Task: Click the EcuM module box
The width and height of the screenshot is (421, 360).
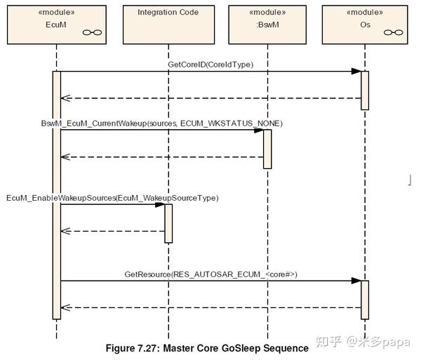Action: [57, 25]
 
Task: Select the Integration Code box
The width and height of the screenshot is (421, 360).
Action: [168, 25]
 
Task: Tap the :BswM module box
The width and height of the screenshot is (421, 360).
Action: [267, 25]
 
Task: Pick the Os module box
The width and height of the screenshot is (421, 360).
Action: [365, 25]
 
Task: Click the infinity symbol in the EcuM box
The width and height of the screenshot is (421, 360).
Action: [92, 32]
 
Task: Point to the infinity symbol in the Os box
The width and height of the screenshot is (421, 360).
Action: [394, 32]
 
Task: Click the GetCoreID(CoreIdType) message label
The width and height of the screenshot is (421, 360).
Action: [210, 65]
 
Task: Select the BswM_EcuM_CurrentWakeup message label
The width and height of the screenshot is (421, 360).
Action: [162, 124]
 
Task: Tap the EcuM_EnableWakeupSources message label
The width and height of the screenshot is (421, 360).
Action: [112, 198]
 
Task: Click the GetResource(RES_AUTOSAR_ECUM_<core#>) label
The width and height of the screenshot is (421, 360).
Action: [210, 274]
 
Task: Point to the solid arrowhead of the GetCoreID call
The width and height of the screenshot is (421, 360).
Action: [356, 72]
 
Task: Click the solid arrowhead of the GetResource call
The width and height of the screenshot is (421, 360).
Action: [356, 281]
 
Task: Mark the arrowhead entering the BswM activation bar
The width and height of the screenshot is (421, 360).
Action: [259, 131]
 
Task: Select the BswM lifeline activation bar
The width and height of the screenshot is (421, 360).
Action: [267, 149]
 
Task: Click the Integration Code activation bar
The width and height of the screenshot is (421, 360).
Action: [168, 224]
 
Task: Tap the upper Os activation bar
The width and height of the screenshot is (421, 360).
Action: [365, 91]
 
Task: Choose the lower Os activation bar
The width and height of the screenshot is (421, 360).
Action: [365, 300]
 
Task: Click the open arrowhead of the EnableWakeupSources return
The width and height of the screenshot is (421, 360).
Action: [66, 231]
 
